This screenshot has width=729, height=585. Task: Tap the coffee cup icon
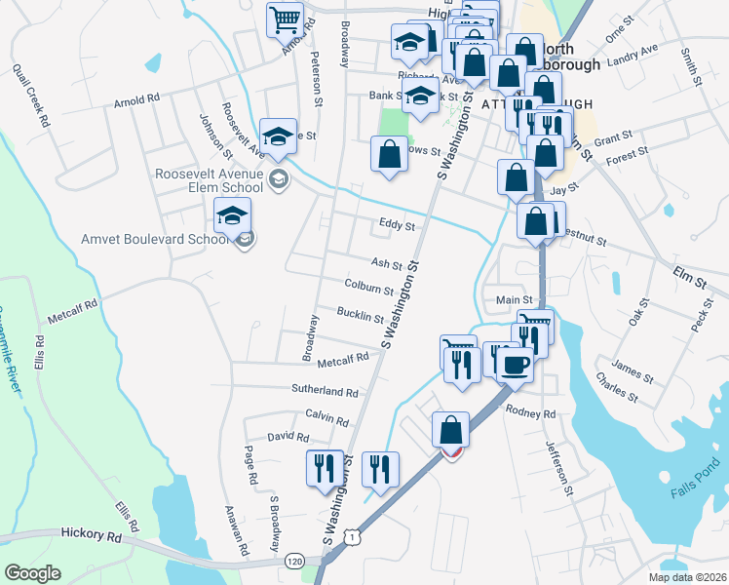click(515, 365)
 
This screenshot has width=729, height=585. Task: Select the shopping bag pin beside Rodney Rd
click(450, 429)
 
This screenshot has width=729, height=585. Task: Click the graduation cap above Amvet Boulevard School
click(233, 214)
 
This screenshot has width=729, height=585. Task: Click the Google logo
click(32, 572)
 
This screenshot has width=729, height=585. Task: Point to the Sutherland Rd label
click(326, 391)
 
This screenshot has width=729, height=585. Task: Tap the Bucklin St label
click(361, 316)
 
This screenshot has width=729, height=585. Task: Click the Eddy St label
click(397, 226)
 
